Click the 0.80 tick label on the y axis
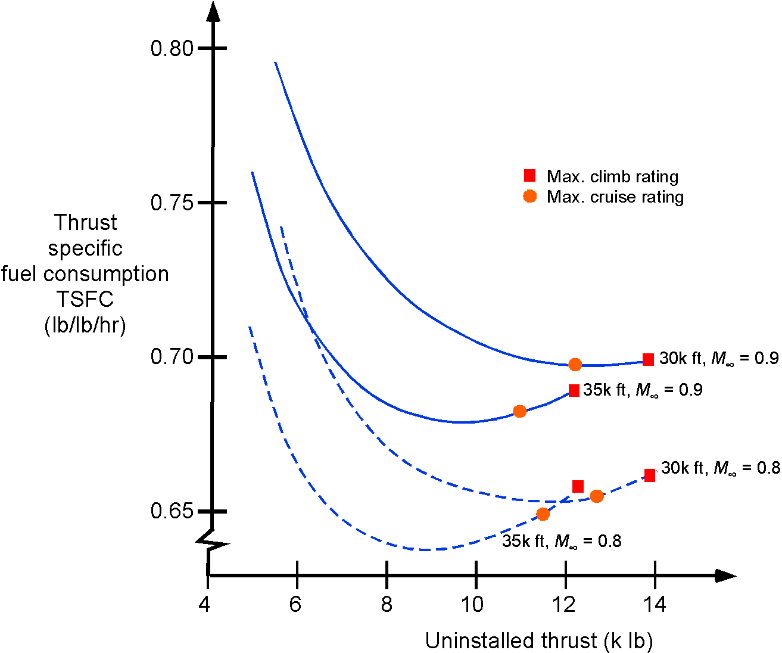pyautogui.click(x=172, y=48)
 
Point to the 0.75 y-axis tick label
pyautogui.click(x=172, y=203)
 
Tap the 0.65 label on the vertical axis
pyautogui.click(x=172, y=511)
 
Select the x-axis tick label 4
pyautogui.click(x=205, y=605)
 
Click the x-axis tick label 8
pyautogui.click(x=387, y=605)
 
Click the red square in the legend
pyautogui.click(x=529, y=176)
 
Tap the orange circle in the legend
pyautogui.click(x=529, y=196)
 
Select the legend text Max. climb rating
pyautogui.click(x=612, y=177)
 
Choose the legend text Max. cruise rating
pyautogui.click(x=615, y=197)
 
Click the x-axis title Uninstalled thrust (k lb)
pyautogui.click(x=539, y=641)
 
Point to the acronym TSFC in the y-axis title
pyautogui.click(x=85, y=299)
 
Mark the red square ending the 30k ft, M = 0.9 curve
pyautogui.click(x=648, y=359)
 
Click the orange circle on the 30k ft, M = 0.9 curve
pyautogui.click(x=575, y=365)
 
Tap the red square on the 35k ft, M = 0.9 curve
pyautogui.click(x=574, y=391)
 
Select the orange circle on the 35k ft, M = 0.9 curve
pyautogui.click(x=519, y=411)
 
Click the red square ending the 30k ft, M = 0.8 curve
pyautogui.click(x=650, y=475)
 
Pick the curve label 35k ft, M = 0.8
pyautogui.click(x=562, y=542)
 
